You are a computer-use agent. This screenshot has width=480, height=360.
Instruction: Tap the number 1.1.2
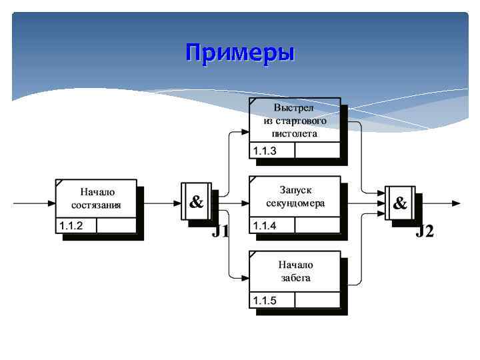71,225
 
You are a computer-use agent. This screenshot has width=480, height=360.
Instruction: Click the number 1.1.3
264,151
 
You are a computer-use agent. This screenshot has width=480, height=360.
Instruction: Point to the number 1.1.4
264,225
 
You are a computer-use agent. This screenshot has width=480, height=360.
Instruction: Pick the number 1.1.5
264,301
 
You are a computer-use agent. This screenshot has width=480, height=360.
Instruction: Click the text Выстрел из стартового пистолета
295,121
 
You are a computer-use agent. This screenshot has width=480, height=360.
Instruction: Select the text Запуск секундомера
295,197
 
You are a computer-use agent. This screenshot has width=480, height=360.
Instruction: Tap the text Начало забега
295,271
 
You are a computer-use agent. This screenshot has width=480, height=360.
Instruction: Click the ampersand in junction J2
400,203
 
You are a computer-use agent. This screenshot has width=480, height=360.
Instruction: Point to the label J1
221,232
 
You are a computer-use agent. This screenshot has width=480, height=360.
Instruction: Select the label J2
425,232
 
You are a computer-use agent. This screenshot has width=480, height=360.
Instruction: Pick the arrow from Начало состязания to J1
160,203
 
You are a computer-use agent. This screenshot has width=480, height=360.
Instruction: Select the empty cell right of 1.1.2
116,225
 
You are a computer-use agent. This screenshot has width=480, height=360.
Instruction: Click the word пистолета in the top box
295,133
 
